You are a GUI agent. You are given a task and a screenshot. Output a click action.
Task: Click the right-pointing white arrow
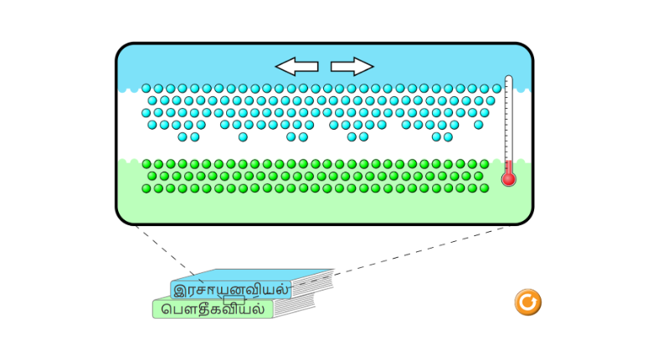click(x=352, y=66)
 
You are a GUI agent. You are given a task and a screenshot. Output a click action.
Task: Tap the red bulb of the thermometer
click(x=508, y=178)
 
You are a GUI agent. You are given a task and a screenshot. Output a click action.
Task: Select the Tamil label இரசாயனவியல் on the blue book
click(x=231, y=290)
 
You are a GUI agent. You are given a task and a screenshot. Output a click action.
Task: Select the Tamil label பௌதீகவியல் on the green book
click(x=213, y=309)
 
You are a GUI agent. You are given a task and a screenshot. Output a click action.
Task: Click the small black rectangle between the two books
click(x=234, y=299)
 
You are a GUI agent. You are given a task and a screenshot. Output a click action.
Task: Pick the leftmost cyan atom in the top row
click(x=147, y=88)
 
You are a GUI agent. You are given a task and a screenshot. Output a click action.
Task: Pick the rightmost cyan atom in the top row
click(x=496, y=88)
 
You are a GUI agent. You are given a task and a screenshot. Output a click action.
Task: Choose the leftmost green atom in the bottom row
click(x=147, y=188)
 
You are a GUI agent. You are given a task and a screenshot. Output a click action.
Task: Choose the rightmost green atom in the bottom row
click(x=484, y=188)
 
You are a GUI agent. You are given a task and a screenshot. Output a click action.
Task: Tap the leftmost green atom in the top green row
click(x=147, y=164)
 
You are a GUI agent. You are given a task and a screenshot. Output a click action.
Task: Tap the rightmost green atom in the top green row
click(x=484, y=164)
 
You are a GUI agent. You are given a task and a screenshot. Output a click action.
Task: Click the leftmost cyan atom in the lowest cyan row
click(x=183, y=136)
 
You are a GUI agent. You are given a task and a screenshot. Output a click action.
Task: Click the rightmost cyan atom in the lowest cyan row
click(x=448, y=136)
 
